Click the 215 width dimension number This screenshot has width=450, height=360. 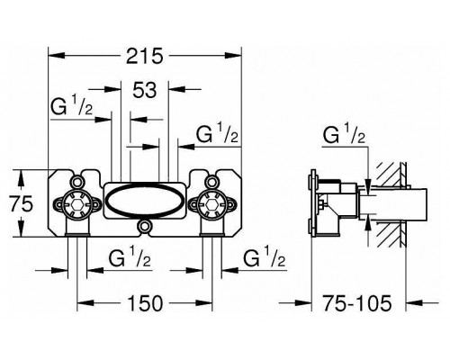[x=144, y=56]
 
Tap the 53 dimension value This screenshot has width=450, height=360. [x=145, y=90]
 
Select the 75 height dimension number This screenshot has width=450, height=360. [x=21, y=204]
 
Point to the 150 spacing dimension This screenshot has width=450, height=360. [x=145, y=302]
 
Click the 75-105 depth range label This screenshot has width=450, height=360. [x=357, y=302]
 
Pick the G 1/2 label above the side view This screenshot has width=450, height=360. [x=344, y=133]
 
